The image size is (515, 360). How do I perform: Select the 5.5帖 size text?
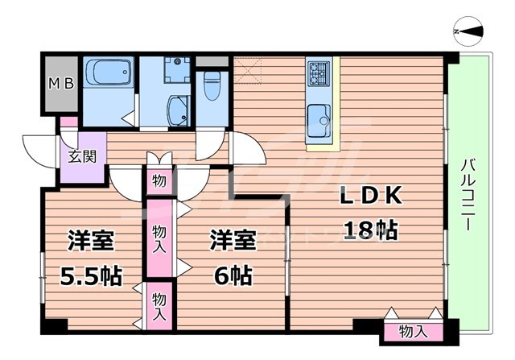[x=91, y=276]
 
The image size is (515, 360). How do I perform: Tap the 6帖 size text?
[x=232, y=276]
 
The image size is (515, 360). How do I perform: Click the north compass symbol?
[x=469, y=31]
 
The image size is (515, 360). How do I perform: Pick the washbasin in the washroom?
[x=176, y=110]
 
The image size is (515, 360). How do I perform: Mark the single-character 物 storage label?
[x=159, y=180]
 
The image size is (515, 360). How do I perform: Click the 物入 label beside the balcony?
[x=413, y=331]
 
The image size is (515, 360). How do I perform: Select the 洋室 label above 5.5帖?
[x=90, y=240]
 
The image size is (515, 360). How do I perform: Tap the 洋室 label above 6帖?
[x=233, y=240]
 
